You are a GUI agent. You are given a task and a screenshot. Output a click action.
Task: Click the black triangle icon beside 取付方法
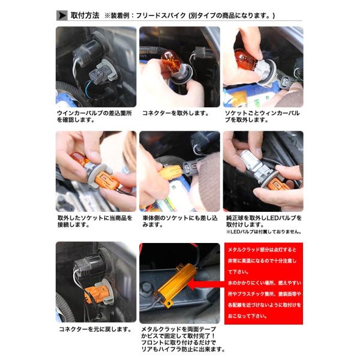(62, 16)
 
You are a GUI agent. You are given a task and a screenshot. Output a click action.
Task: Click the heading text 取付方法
(85, 16)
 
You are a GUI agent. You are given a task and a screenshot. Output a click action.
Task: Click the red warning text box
(263, 283)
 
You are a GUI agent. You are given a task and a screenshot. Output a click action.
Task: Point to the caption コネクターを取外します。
(176, 113)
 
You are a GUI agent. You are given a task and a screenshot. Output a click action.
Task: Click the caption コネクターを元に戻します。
(95, 329)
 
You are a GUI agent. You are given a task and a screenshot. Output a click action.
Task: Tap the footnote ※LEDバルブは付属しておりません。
(263, 232)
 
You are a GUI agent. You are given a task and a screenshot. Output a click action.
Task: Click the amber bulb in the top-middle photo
(171, 62)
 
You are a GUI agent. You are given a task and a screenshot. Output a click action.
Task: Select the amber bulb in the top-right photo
(245, 59)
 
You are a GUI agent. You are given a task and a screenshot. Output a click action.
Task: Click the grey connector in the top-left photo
(101, 73)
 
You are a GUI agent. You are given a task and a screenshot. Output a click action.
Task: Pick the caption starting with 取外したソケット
(95, 221)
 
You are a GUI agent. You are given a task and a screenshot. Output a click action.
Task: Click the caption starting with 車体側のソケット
(180, 221)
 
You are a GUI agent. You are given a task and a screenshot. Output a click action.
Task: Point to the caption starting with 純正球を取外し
(264, 221)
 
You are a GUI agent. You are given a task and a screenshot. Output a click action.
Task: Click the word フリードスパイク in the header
(161, 16)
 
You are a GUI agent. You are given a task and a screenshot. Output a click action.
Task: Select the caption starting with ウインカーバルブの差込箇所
(94, 116)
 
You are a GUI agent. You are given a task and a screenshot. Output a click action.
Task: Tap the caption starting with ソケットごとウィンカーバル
(262, 116)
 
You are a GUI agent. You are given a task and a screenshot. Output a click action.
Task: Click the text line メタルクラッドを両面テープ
(179, 329)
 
